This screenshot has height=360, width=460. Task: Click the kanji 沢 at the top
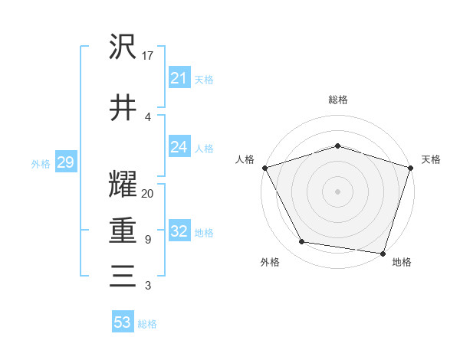click(123, 47)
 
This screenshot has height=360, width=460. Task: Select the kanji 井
click(123, 107)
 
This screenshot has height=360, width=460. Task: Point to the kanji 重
click(123, 231)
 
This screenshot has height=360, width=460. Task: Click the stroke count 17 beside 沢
click(148, 57)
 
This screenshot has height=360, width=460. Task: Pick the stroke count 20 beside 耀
click(148, 194)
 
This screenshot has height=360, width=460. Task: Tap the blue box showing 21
click(179, 78)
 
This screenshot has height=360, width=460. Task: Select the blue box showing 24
click(179, 147)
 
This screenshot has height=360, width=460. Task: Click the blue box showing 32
click(179, 232)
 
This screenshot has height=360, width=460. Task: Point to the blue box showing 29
click(65, 163)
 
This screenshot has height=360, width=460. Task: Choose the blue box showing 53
click(123, 322)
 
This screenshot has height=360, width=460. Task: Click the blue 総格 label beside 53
click(147, 324)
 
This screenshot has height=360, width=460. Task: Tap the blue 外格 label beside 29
click(41, 164)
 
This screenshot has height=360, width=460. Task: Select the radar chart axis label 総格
click(337, 100)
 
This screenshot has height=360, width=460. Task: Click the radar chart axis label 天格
click(431, 159)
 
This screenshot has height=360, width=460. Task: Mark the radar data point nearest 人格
click(264, 167)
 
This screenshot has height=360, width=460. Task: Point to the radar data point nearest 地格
click(383, 253)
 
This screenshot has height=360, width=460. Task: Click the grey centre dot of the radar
click(337, 191)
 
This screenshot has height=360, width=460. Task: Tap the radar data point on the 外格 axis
click(302, 242)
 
